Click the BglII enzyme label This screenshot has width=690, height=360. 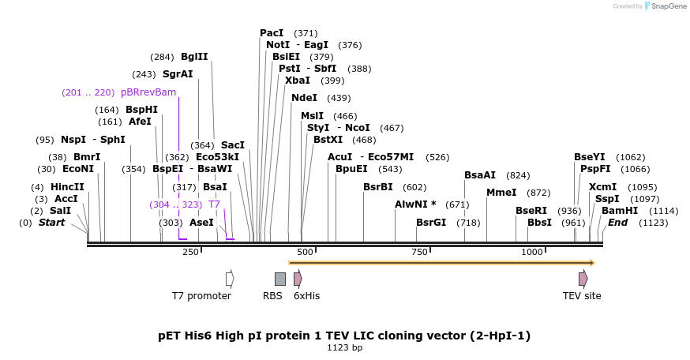[194, 57]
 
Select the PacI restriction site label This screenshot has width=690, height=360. [272, 33]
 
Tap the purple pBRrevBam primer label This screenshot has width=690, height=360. [148, 92]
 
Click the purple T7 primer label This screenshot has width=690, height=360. [214, 204]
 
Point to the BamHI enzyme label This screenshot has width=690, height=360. [620, 211]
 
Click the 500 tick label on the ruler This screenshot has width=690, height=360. [305, 252]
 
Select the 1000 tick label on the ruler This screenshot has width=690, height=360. [532, 252]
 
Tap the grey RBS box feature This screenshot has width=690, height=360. [279, 279]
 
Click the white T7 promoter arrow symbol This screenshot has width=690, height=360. [230, 279]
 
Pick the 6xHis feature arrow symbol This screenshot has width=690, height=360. [298, 279]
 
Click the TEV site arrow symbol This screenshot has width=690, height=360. [583, 279]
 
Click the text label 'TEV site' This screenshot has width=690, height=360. [582, 296]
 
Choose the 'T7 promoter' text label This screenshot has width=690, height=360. [201, 296]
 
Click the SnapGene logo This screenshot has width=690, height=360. [666, 6]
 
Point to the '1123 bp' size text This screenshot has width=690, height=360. [345, 347]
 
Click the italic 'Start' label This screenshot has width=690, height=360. [52, 223]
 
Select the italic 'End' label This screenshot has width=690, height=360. [617, 223]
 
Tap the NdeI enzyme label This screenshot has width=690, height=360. [304, 98]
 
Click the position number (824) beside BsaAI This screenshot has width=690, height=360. [518, 175]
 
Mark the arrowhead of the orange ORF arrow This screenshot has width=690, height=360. [591, 263]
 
